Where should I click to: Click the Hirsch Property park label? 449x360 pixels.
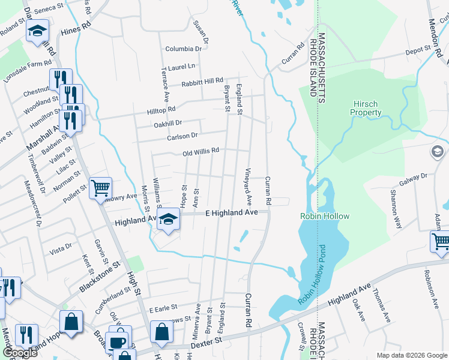(366, 108)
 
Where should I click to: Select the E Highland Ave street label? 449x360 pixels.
(231, 213)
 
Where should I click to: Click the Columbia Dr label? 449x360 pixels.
(183, 49)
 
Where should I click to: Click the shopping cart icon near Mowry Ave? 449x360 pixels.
(100, 189)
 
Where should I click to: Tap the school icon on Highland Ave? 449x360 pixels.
(169, 221)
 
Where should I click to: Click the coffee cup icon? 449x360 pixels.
(118, 342)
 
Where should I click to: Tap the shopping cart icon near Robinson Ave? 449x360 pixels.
(440, 242)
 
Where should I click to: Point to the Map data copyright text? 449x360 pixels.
(412, 355)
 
